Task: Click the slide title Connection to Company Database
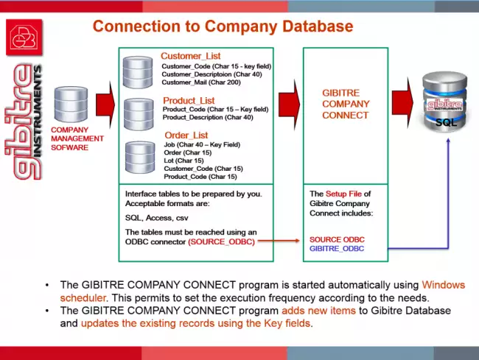223,27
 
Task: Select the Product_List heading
188,100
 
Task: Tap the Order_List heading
186,135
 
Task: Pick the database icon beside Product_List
138,113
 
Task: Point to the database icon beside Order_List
139,158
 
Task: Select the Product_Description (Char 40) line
208,118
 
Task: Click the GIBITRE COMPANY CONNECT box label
346,104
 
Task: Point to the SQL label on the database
447,122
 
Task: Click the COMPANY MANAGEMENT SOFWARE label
77,138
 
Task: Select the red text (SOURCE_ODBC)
222,241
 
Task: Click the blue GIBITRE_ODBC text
338,249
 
